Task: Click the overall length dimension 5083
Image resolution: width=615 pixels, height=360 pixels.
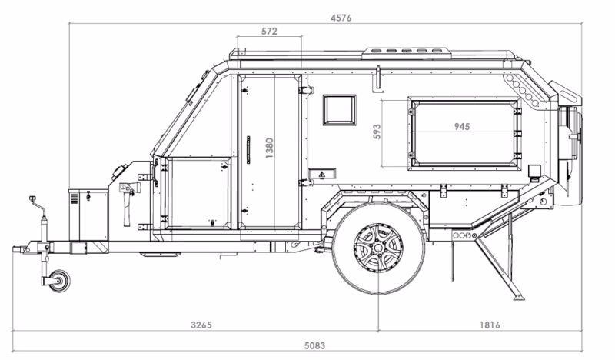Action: click(314, 346)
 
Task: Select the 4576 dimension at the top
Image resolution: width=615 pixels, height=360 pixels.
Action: click(341, 18)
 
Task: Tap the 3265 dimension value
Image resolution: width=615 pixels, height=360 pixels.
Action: click(201, 325)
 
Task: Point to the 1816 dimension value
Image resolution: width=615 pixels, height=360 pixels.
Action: click(490, 325)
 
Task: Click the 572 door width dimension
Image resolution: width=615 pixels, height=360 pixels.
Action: click(269, 32)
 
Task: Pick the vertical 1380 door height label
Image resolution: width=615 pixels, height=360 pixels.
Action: click(270, 148)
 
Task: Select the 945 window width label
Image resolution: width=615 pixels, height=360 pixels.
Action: click(462, 126)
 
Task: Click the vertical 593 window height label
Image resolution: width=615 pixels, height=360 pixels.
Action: click(377, 132)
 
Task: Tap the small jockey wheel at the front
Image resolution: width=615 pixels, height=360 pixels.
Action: click(60, 281)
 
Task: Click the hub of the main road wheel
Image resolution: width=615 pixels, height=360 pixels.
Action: click(378, 248)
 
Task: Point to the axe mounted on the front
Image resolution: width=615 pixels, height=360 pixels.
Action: click(128, 204)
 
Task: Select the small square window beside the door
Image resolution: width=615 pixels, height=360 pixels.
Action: click(340, 110)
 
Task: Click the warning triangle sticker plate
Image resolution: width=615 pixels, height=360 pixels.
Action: click(321, 174)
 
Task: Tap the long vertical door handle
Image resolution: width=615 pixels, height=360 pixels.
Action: click(248, 150)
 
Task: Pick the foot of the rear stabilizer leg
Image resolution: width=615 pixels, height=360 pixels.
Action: click(520, 298)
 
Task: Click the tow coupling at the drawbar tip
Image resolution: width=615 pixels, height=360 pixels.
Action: click(21, 249)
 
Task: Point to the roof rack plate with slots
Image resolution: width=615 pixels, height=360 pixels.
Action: click(406, 51)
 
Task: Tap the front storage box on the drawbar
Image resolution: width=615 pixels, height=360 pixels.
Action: click(88, 215)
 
